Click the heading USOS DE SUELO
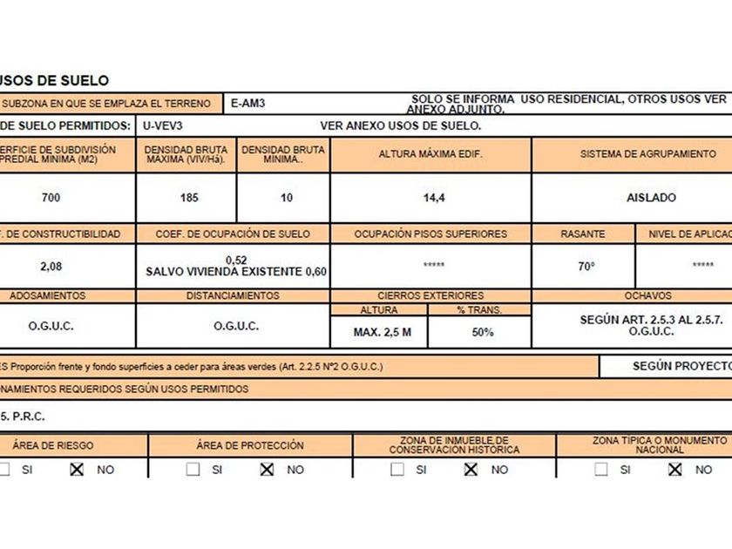54,80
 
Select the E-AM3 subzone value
248,104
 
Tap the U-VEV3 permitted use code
162,125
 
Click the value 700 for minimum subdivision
51,198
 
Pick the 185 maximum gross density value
189,198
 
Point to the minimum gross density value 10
287,198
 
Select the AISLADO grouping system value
651,198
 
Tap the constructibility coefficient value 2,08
51,266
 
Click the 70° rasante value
586,266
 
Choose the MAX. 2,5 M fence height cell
383,332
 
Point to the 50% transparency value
482,332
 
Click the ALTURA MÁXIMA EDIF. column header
430,154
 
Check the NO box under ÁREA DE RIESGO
77,469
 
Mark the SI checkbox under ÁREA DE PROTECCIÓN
193,469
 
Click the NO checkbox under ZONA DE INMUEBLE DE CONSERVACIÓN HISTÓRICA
471,469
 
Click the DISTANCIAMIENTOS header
233,296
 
